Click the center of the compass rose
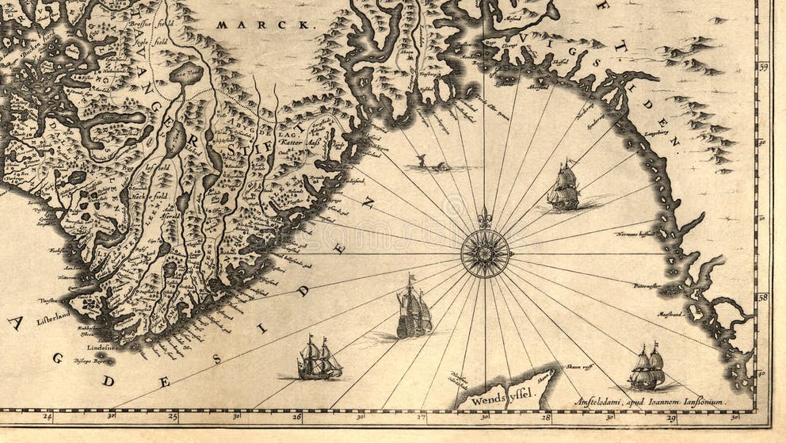pyautogui.click(x=485, y=254)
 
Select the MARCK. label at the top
pyautogui.click(x=264, y=25)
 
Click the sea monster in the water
pyautogui.click(x=428, y=164)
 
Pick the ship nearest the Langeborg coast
pyautogui.click(x=563, y=187)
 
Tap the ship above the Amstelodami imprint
pyautogui.click(x=647, y=369)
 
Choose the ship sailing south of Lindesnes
pyautogui.click(x=319, y=358)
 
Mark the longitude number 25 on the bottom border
pyautogui.click(x=173, y=415)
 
